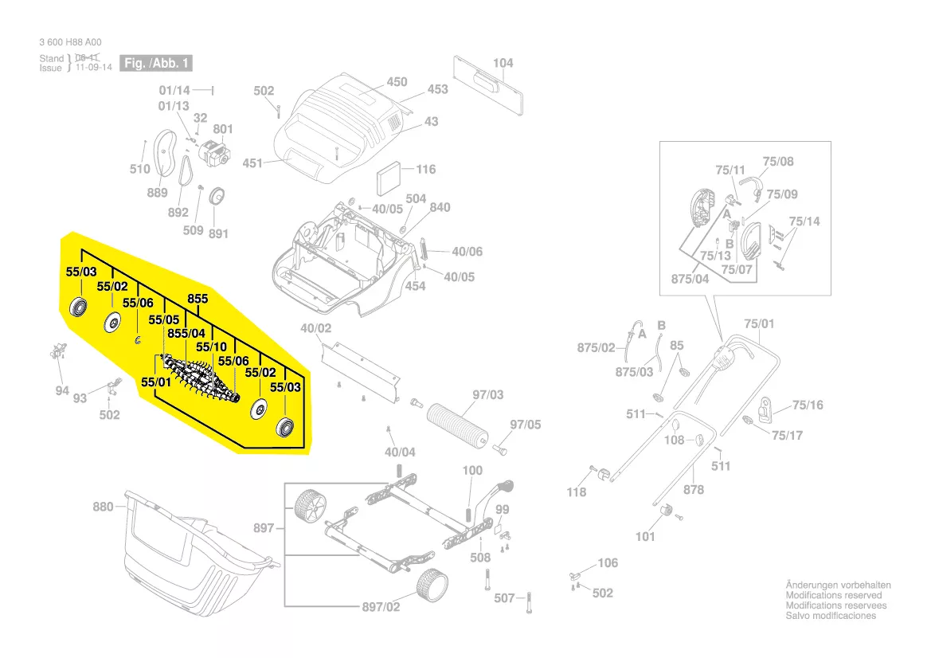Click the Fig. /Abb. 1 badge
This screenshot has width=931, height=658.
tap(156, 63)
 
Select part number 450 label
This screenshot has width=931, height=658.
tap(397, 82)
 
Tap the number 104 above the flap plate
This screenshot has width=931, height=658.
tap(503, 63)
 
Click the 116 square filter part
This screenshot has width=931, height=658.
tap(389, 172)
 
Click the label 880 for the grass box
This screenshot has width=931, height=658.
tap(104, 507)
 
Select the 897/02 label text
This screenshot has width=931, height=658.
tap(383, 607)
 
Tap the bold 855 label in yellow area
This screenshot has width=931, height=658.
tap(198, 299)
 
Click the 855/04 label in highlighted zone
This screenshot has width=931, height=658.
tap(186, 333)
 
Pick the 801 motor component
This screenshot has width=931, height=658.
tap(213, 152)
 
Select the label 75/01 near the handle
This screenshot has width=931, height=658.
tap(758, 323)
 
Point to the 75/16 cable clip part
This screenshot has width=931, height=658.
tap(766, 410)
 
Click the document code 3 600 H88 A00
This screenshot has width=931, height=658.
tap(70, 42)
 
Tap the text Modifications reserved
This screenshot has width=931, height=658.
tap(833, 595)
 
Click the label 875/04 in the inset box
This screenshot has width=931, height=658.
tap(690, 279)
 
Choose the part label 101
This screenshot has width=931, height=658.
tap(645, 536)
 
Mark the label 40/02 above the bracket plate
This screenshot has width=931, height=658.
tap(315, 328)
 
